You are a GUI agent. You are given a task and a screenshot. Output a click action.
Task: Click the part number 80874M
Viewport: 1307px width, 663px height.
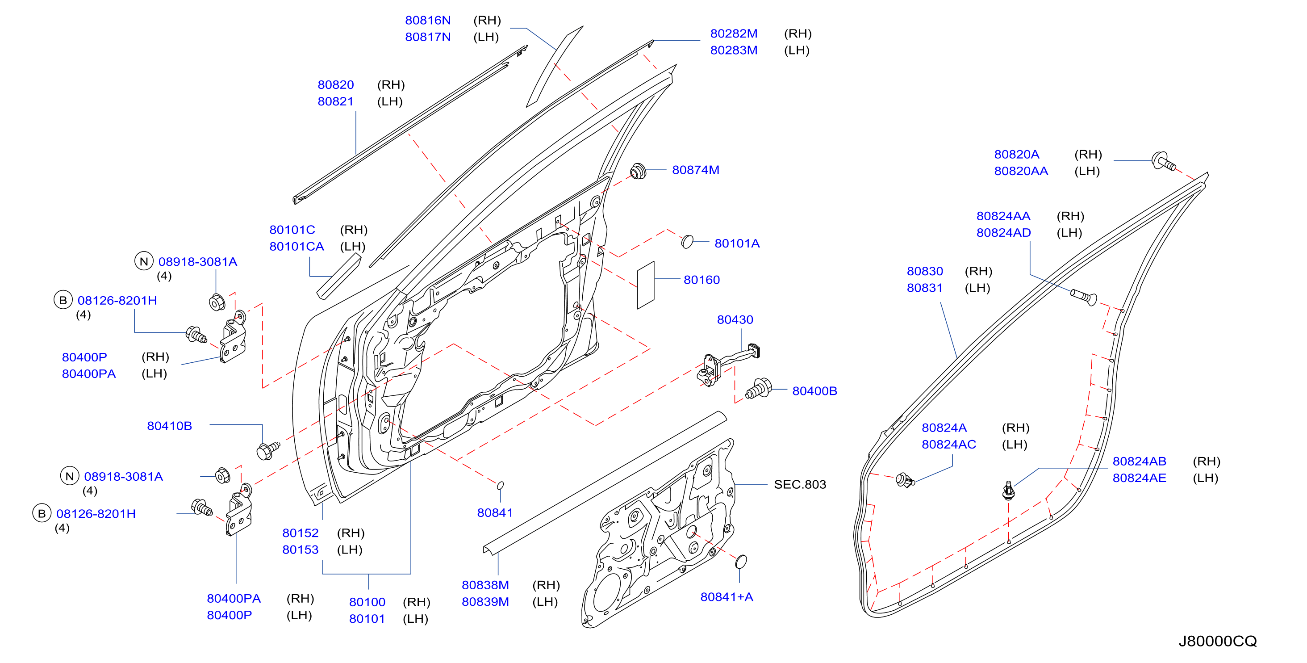696,170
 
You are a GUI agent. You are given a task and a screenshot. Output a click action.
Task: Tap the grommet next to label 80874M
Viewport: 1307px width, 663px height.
638,171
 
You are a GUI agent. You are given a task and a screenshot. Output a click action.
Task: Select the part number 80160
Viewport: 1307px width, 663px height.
702,280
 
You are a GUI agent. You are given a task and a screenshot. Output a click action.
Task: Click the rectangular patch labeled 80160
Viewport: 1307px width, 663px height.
646,285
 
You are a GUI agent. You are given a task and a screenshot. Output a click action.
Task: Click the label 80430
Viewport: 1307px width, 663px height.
735,320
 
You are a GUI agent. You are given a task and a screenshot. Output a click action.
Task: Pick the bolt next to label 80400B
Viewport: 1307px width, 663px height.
759,389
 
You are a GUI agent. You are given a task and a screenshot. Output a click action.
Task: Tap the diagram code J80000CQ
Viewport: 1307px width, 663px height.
1218,641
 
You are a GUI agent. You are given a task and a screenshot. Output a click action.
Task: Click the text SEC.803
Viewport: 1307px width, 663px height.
800,485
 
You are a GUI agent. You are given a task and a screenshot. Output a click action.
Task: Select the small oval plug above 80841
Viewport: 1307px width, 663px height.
500,485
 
